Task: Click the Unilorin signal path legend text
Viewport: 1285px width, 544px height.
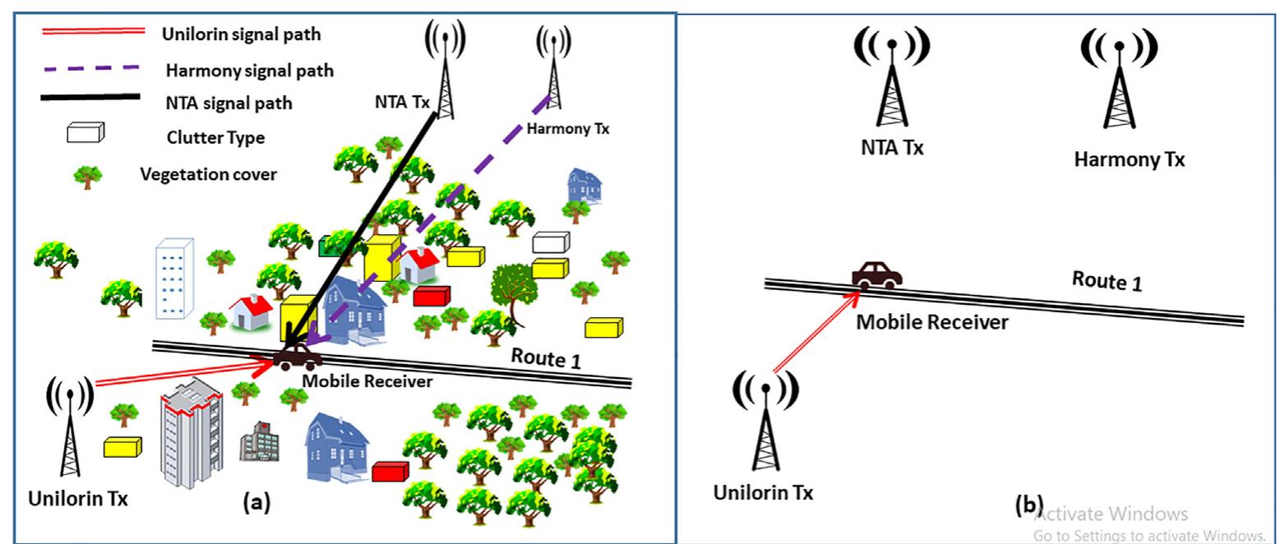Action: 241,35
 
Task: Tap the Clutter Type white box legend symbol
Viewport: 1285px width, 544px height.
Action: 86,132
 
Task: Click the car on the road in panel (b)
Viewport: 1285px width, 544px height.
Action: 877,274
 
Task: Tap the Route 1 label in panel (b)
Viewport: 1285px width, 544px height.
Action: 1107,281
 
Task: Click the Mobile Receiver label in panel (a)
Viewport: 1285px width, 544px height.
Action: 367,381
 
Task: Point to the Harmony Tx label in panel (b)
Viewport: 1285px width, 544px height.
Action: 1129,159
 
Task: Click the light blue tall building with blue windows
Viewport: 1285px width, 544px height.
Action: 173,277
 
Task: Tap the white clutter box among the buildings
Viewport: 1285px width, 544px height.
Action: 550,242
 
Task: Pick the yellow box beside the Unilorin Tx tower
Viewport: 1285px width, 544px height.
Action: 122,446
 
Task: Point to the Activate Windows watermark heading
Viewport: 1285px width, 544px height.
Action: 1110,514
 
